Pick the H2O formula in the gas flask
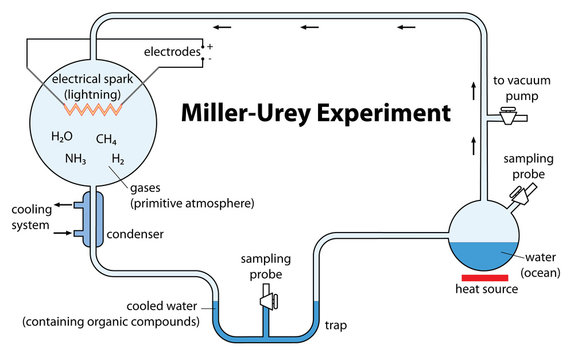point(62,137)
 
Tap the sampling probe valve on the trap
point(267,297)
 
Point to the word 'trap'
point(335,325)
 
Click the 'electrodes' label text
point(171,51)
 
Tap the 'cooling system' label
point(31,217)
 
